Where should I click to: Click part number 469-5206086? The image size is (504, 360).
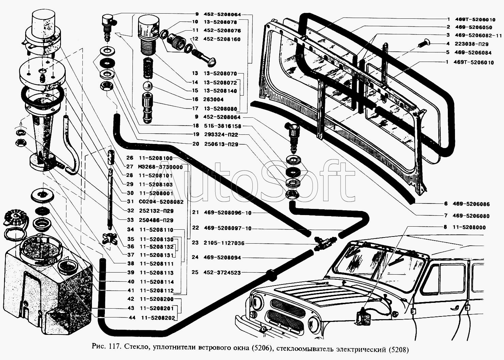point(471,204)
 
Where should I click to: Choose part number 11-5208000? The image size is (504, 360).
point(469,227)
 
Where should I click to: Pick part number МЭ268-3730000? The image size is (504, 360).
point(160,167)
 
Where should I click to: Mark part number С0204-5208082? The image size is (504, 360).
point(161,202)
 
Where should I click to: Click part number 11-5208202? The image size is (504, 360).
point(157,318)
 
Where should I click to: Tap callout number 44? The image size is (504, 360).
point(131,318)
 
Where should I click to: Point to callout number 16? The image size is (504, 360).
point(195,99)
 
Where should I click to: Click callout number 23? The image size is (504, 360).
point(195,243)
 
